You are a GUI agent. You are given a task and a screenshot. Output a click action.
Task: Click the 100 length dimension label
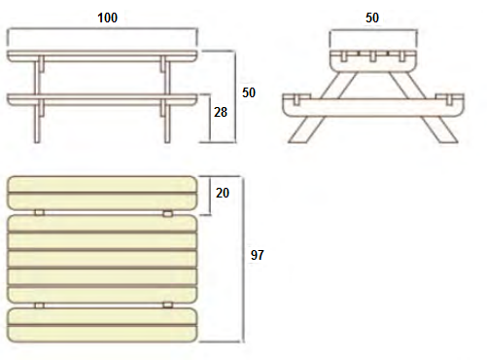(107, 18)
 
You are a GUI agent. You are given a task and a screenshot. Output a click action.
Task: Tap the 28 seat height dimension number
(221, 112)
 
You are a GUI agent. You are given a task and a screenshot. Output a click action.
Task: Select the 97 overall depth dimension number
(258, 255)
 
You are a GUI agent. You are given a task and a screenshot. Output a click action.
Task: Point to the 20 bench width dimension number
(223, 193)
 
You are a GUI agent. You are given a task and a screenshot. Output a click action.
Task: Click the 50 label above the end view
(372, 18)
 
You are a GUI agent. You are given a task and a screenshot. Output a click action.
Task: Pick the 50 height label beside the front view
(249, 92)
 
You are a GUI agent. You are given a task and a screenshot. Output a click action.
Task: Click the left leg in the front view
(38, 99)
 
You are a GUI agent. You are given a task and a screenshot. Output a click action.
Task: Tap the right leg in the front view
(166, 99)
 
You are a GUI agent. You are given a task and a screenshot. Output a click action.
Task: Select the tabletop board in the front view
(102, 55)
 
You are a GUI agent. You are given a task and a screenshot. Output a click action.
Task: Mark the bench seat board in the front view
(102, 99)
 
